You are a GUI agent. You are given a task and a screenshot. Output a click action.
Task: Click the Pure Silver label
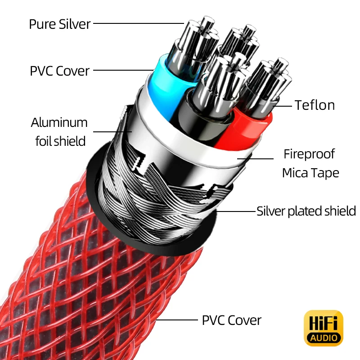pyautogui.click(x=59, y=24)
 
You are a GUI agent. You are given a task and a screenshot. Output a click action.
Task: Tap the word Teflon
pyautogui.click(x=315, y=105)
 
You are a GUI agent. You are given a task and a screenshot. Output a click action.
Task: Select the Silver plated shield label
pyautogui.click(x=306, y=211)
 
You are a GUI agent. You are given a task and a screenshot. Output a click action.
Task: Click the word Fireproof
pyautogui.click(x=309, y=154)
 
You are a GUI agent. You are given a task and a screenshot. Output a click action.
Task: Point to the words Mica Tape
pyautogui.click(x=310, y=173)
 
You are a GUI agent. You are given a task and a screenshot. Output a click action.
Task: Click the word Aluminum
pyautogui.click(x=59, y=122)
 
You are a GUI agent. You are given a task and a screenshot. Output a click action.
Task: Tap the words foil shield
pyautogui.click(x=60, y=141)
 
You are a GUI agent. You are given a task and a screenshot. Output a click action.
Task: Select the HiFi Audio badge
pyautogui.click(x=324, y=328)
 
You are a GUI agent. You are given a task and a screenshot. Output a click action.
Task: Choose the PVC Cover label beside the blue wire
pyautogui.click(x=59, y=71)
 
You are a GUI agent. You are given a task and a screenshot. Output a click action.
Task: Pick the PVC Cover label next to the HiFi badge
pyautogui.click(x=231, y=320)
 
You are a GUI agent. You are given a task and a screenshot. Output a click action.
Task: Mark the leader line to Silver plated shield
pyautogui.click(x=236, y=211)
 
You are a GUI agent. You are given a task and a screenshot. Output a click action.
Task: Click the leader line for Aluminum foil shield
pyautogui.click(x=112, y=132)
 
